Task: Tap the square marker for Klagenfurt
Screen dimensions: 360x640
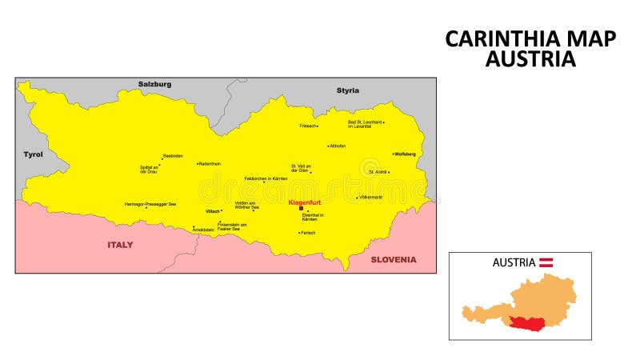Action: pyautogui.click(x=301, y=208)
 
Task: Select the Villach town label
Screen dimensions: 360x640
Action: pyautogui.click(x=212, y=211)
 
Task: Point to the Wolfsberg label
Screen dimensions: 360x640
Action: pyautogui.click(x=406, y=154)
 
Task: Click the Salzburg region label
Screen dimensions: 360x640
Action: pyautogui.click(x=154, y=84)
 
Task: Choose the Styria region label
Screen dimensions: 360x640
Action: pyautogui.click(x=348, y=90)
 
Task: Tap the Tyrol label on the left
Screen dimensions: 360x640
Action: pyautogui.click(x=33, y=154)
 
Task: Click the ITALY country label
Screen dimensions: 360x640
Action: pyautogui.click(x=120, y=245)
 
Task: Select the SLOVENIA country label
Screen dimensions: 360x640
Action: pyautogui.click(x=393, y=259)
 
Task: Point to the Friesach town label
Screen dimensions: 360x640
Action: pyautogui.click(x=308, y=126)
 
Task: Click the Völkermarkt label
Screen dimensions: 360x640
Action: pyautogui.click(x=371, y=197)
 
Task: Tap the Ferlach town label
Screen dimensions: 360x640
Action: pyautogui.click(x=308, y=233)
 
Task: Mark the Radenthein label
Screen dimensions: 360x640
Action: pyautogui.click(x=210, y=163)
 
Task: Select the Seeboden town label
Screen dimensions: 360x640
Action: pyautogui.click(x=173, y=155)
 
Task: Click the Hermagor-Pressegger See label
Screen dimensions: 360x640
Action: pyautogui.click(x=150, y=204)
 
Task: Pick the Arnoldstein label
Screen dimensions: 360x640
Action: pyautogui.click(x=204, y=230)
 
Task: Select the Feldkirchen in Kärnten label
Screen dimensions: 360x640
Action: pyautogui.click(x=266, y=178)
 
